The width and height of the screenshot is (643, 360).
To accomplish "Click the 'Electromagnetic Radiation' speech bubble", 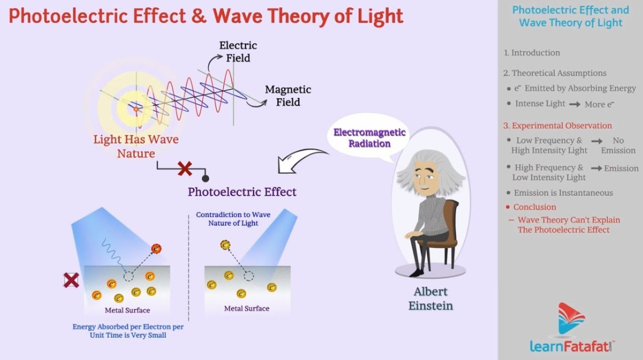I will pos(369,138).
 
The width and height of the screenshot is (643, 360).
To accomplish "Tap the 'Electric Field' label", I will pos(238,52).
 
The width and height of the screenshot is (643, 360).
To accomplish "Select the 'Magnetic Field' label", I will pos(288,95).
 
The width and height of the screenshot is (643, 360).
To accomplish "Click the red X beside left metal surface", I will pos(71,280).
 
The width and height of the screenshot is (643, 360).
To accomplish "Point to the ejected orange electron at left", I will pos(156,248).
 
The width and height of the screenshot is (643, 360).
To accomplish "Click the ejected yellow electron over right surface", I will pos(225,245).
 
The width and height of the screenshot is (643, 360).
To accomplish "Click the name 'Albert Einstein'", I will pos(430,298).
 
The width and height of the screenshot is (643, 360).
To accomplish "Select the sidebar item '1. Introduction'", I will pos(532,53).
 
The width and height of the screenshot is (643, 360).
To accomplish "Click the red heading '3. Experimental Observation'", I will pos(558,126).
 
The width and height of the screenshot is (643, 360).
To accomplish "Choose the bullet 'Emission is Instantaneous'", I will pos(563,193).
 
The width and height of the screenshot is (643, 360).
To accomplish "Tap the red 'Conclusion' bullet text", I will pos(534,207).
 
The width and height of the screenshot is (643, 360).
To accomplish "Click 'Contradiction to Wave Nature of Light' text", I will pos(233,219).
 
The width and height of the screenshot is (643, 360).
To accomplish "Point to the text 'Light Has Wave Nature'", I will pos(136,146).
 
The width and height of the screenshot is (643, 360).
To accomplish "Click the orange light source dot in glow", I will pos(136,109).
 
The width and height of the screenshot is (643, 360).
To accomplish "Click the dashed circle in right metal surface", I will pos(248,276).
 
